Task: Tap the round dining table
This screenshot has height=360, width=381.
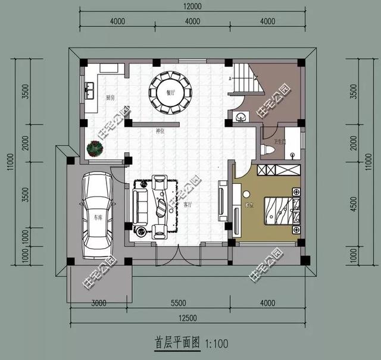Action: (x=171, y=93)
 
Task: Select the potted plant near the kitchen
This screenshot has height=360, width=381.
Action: (x=95, y=148)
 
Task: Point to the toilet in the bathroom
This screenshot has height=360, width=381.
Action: (x=268, y=149)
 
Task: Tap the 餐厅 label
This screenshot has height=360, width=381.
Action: (x=171, y=93)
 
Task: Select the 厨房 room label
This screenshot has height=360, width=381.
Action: (x=111, y=97)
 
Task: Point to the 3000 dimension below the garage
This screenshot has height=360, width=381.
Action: (x=98, y=303)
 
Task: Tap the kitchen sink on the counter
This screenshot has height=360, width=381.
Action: (x=91, y=91)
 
